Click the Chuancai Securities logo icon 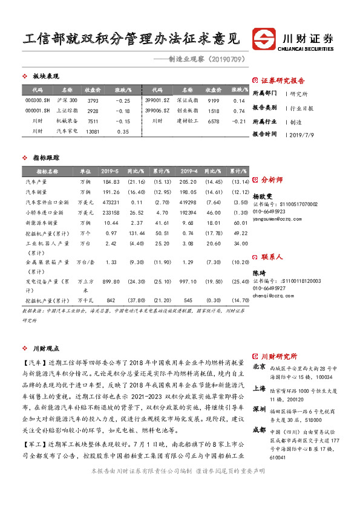coord(264,38)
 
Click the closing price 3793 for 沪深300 coord(93,100)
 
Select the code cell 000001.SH coord(38,111)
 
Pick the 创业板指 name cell coord(186,111)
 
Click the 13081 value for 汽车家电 coord(93,131)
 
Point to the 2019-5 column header coord(111,171)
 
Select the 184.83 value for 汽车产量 coord(111,181)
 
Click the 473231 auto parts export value coord(111,202)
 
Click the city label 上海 coord(259,389)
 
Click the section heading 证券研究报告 coord(283,80)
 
